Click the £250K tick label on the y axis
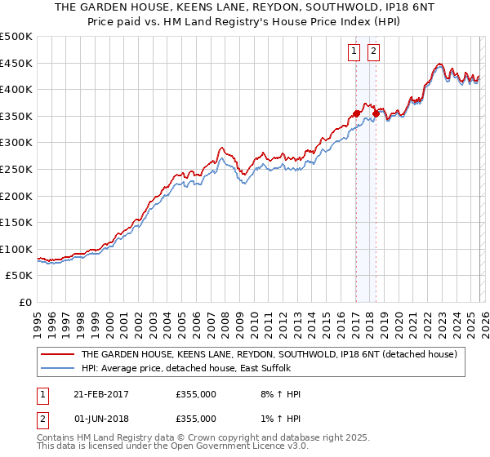point(16,169)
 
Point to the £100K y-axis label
point(16,249)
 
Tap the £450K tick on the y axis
point(16,63)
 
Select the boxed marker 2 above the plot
point(374,51)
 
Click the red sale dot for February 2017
point(356,113)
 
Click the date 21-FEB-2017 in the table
point(102,394)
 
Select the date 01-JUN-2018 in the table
point(102,418)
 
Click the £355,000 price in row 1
point(196,394)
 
